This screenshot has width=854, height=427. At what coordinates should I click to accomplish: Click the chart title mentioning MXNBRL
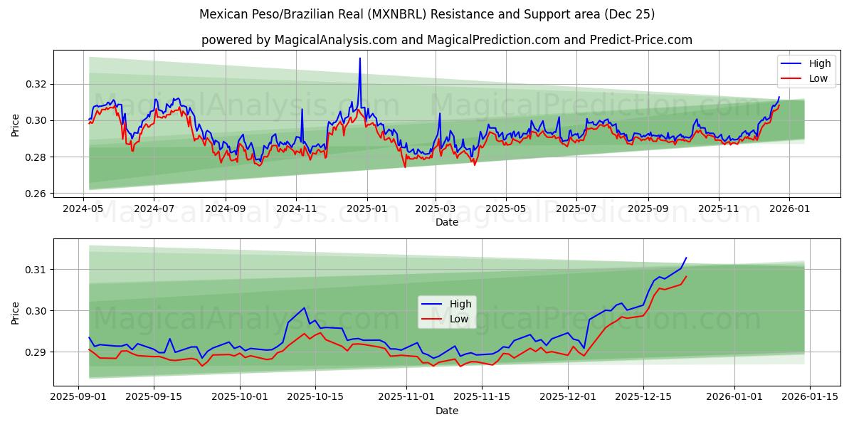click(x=427, y=14)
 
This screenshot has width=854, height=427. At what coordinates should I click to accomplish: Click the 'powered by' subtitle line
click(x=446, y=40)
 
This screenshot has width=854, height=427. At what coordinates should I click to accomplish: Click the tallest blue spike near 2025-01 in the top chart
click(x=360, y=58)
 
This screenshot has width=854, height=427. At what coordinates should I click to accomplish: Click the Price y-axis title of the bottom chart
click(x=15, y=312)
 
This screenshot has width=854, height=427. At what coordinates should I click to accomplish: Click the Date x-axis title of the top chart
click(x=446, y=223)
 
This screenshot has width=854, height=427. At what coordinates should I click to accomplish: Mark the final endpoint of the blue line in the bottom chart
click(x=686, y=258)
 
